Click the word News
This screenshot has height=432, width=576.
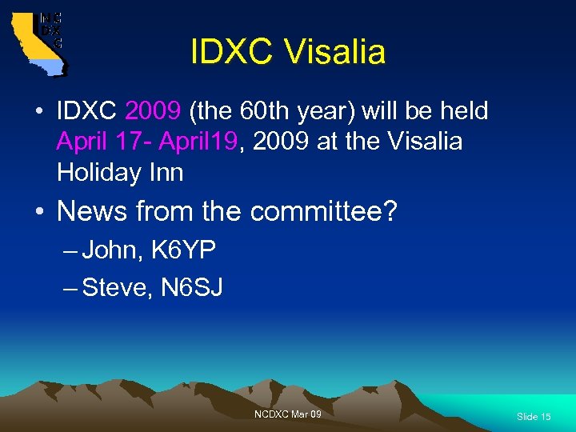coord(91,212)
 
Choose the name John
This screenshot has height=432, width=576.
coord(109,250)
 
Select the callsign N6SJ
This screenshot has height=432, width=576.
coord(192,287)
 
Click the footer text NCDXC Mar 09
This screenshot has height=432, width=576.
coord(287,414)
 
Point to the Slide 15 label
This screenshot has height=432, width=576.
coord(534,417)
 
